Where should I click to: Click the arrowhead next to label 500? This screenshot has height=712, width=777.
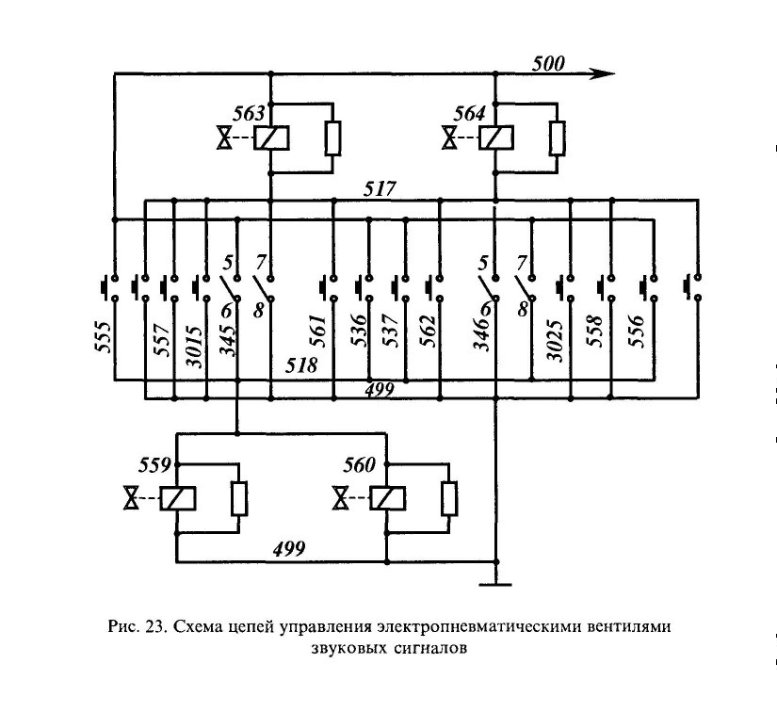click(603, 73)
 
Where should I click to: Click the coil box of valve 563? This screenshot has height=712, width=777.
click(271, 138)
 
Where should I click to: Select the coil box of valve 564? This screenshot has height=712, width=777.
click(496, 138)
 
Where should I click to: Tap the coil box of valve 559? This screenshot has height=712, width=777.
click(178, 498)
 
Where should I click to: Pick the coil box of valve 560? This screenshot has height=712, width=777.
click(387, 498)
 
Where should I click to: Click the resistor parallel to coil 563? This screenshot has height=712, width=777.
click(333, 138)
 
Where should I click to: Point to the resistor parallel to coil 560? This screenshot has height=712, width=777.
click(449, 498)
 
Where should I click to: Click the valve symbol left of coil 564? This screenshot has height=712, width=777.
click(450, 138)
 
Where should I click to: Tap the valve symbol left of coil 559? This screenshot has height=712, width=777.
click(131, 498)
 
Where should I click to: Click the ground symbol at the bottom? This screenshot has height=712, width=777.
click(495, 585)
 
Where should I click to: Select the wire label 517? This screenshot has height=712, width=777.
click(380, 189)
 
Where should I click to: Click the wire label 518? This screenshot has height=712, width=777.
click(301, 365)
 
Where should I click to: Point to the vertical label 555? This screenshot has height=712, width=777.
click(103, 337)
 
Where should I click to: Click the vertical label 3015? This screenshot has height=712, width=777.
click(194, 347)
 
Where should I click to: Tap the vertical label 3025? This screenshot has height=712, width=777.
click(555, 341)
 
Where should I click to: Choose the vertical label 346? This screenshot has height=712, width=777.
click(481, 334)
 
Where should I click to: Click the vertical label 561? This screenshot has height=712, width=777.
click(317, 331)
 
